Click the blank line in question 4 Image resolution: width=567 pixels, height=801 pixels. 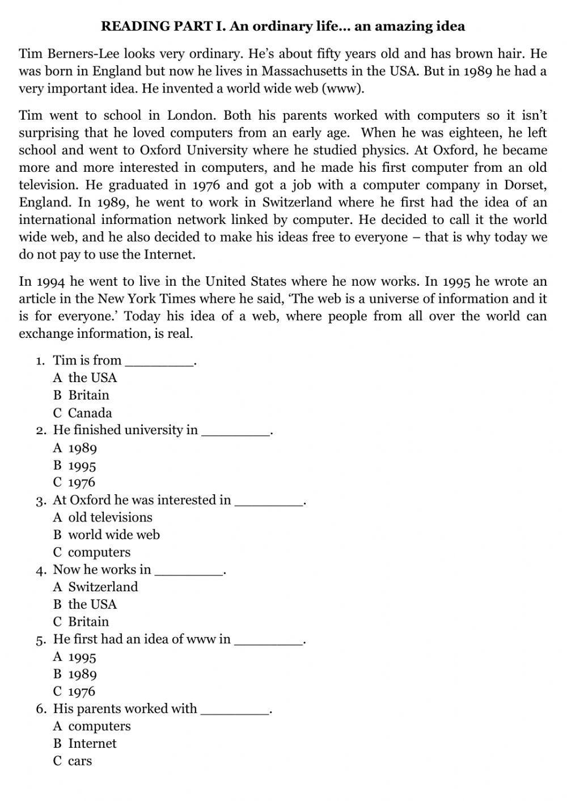(189, 573)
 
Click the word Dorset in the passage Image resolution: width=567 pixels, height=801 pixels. (525, 185)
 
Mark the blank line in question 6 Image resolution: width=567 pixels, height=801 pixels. (235, 713)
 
